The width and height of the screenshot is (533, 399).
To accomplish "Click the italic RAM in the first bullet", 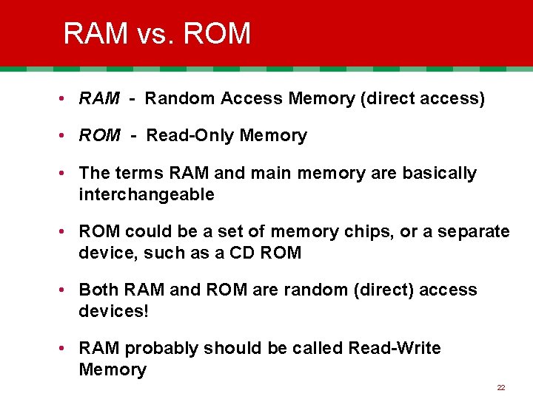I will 99,98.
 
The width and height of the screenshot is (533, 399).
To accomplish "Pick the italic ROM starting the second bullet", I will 99,135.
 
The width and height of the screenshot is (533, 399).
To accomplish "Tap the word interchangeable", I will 147,194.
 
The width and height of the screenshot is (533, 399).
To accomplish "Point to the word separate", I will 475,231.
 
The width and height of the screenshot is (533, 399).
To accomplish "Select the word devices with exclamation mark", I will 114,311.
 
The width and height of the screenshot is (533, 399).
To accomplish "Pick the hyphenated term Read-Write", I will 394,348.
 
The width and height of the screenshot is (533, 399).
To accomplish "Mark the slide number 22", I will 501,387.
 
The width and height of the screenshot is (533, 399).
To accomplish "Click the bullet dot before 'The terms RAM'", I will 67,173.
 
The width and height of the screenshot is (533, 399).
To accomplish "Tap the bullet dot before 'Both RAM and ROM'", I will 67,290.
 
